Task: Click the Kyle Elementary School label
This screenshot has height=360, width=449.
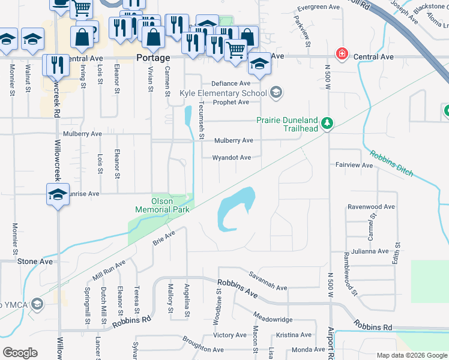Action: pyautogui.click(x=223, y=93)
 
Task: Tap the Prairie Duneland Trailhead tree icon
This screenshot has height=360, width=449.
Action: pyautogui.click(x=327, y=124)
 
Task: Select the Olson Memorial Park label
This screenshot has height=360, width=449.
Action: pyautogui.click(x=162, y=205)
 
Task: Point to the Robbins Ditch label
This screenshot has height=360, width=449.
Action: pyautogui.click(x=391, y=163)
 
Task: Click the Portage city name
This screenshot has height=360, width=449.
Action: pyautogui.click(x=153, y=58)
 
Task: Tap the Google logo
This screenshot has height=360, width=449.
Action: pyautogui.click(x=20, y=353)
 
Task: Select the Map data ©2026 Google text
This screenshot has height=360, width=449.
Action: pyautogui.click(x=411, y=355)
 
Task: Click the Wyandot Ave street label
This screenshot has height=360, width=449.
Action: pyautogui.click(x=232, y=158)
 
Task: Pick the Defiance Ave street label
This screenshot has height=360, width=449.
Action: pyautogui.click(x=230, y=83)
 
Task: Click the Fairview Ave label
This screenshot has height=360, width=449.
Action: pyautogui.click(x=354, y=164)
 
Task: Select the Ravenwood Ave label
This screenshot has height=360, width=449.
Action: pyautogui.click(x=371, y=207)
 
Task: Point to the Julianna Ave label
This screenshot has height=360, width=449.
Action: pyautogui.click(x=370, y=251)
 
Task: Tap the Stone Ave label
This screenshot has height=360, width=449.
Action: pyautogui.click(x=35, y=262)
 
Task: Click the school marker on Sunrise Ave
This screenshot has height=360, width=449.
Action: pyautogui.click(x=58, y=195)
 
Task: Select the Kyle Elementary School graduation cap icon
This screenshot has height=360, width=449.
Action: pyautogui.click(x=276, y=92)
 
